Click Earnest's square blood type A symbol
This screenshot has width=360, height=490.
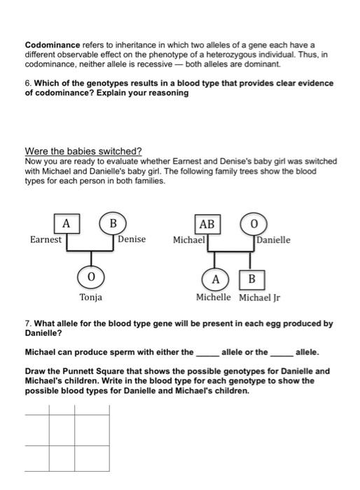click(x=66, y=224)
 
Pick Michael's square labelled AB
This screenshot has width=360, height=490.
click(x=207, y=224)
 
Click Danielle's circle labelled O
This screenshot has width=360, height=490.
click(x=253, y=224)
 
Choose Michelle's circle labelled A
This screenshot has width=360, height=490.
click(x=216, y=279)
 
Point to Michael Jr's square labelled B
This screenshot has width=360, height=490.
click(x=252, y=280)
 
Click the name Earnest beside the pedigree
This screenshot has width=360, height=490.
click(x=46, y=239)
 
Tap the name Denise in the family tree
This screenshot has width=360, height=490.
click(x=132, y=239)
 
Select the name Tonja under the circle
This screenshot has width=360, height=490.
click(x=90, y=297)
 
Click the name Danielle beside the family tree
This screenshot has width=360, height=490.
click(x=274, y=240)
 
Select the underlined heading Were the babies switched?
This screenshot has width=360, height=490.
click(x=83, y=151)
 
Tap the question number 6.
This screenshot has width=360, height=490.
click(x=27, y=83)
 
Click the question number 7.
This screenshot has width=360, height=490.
click(x=27, y=324)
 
